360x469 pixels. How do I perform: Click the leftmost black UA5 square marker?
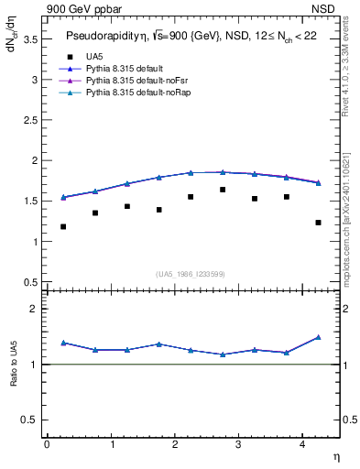[63, 226]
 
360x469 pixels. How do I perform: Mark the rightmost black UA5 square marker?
[318, 223]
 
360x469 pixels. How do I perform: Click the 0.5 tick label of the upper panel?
[30, 282]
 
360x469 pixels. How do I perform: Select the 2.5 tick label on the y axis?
[30, 120]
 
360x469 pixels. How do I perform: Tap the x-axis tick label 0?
[47, 444]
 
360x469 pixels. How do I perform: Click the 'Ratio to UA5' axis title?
[14, 364]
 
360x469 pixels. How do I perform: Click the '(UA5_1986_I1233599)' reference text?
[191, 275]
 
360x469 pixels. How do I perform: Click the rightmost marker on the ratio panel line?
[318, 337]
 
